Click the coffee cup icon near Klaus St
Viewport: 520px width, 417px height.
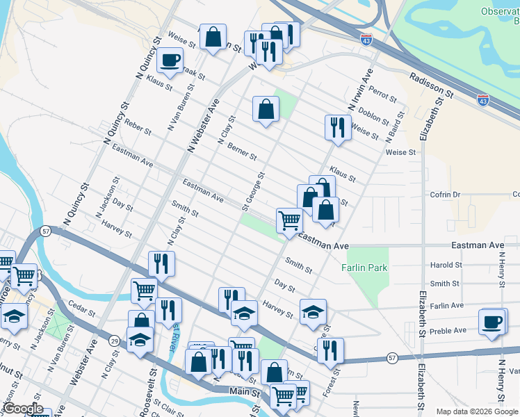(x=170, y=60)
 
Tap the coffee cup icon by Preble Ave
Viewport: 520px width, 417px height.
(x=492, y=322)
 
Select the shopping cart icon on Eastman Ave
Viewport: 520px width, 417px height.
(x=289, y=221)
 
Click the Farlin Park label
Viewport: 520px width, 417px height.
(x=364, y=267)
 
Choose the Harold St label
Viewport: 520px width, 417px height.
(x=446, y=265)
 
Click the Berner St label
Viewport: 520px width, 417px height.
(x=242, y=152)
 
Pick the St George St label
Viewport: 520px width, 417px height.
(x=254, y=192)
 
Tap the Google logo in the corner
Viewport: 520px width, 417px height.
(x=23, y=409)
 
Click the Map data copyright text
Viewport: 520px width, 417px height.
(x=477, y=411)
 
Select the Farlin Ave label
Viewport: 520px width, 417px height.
(x=446, y=305)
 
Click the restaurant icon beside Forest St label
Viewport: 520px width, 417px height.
(x=330, y=350)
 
